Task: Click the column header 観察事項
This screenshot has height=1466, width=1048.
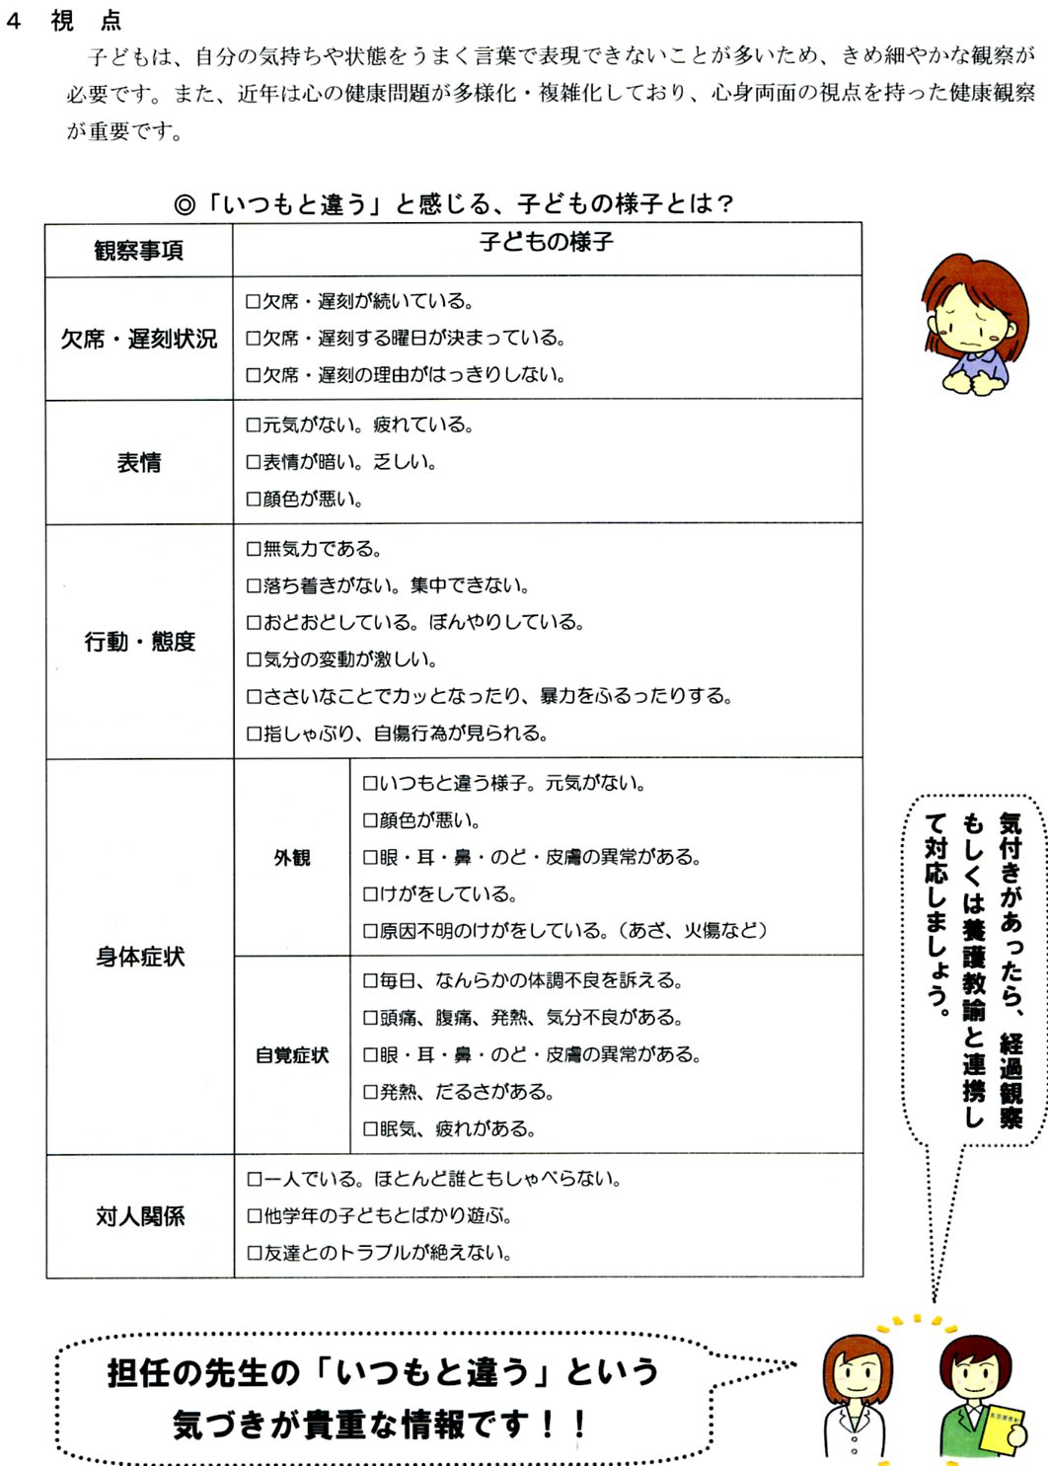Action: coord(138,251)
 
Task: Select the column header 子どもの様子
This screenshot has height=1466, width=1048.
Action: coord(546,242)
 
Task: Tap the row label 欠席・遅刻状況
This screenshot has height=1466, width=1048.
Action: coord(138,339)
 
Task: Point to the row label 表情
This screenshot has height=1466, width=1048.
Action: coord(138,462)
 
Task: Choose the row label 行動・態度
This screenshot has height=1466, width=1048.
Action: coord(139,642)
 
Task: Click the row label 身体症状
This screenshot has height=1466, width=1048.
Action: coord(139,957)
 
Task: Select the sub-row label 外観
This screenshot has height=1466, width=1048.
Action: coord(292,858)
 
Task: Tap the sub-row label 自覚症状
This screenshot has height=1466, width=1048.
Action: coord(292,1055)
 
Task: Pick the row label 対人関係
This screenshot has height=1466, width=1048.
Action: coord(139,1216)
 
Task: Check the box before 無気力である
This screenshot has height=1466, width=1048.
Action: coord(254,549)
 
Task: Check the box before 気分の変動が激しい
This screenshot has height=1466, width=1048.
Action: coord(254,660)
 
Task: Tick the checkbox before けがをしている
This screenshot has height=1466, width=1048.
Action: coord(370,895)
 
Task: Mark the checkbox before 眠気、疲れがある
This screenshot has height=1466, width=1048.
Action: coord(370,1129)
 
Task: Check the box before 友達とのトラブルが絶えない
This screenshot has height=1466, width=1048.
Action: coord(254,1254)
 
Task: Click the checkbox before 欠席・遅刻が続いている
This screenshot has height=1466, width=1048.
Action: coord(254,302)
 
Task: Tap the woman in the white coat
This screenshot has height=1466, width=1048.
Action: coord(856,1397)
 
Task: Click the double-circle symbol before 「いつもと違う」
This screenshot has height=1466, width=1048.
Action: coord(185,205)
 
